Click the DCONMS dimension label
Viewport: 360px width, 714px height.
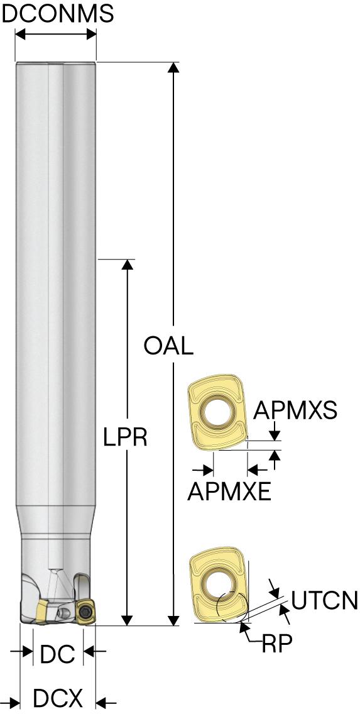click(58, 14)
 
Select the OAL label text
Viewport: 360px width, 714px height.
click(168, 346)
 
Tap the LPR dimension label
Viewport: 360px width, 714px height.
click(125, 437)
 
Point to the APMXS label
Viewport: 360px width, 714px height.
click(295, 410)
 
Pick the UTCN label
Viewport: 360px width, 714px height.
click(324, 600)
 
